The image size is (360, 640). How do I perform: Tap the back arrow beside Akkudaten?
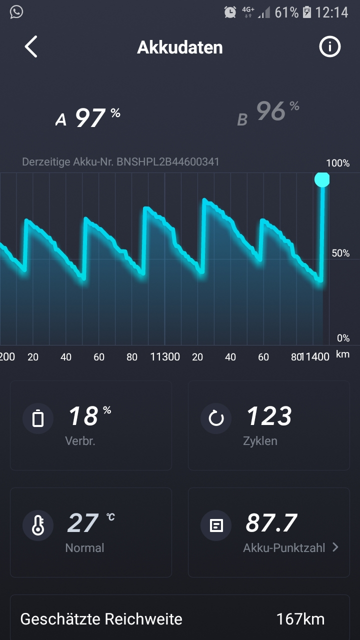pos(31,47)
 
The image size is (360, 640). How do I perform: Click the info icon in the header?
pos(329,47)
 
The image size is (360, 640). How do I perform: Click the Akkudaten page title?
pos(179,47)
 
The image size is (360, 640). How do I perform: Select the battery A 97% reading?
pos(88,117)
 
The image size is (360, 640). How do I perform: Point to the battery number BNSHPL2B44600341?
pos(168,162)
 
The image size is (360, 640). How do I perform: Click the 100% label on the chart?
pos(338,163)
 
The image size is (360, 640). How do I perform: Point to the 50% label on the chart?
pos(340,253)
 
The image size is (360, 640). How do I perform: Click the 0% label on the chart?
pos(343,338)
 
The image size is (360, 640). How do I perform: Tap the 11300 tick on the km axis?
pos(165,357)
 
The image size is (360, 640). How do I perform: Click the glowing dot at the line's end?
pos(322,179)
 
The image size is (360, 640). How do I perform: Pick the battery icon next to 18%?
pos(38,418)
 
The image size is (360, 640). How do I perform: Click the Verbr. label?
pos(80,441)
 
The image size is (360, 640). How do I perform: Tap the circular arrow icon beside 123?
pos(216,418)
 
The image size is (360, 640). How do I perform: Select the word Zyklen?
pos(260,441)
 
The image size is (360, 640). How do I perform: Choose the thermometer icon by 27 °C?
pos(38,525)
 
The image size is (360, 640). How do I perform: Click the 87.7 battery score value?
pos(271,523)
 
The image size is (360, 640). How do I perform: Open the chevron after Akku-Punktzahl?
pos(335,547)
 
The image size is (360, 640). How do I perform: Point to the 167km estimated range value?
pos(300,619)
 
